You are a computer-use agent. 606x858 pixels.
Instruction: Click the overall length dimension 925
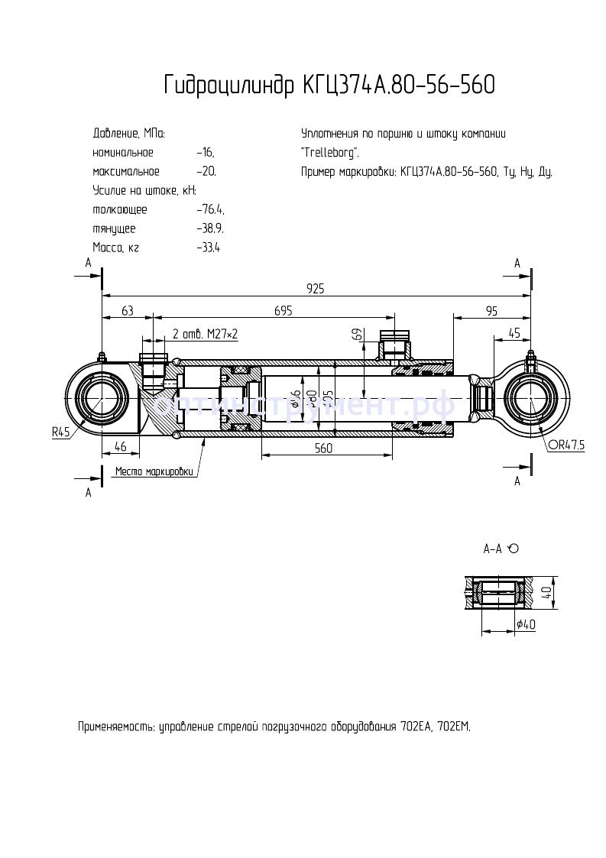[316, 288]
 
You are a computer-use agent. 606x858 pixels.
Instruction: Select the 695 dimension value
[284, 310]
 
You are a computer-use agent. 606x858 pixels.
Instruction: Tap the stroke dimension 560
[323, 448]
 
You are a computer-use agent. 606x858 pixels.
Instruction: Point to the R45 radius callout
[60, 432]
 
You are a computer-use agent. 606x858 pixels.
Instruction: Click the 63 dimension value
[127, 310]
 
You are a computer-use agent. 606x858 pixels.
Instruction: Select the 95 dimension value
[491, 310]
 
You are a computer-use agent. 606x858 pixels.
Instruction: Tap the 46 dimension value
[120, 446]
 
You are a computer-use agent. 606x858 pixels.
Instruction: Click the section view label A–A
[494, 549]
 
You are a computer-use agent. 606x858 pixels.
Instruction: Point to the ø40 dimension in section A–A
[526, 624]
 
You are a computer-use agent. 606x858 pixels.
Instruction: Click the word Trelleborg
[330, 152]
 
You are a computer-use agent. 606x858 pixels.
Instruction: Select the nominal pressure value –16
[204, 152]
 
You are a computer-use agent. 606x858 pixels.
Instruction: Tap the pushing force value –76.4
[209, 209]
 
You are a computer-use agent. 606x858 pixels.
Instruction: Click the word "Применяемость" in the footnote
[116, 726]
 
